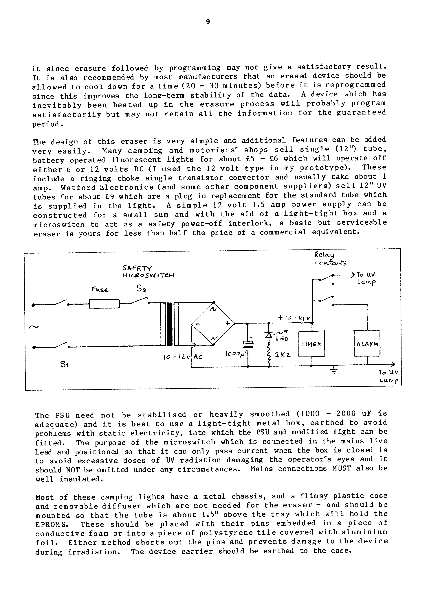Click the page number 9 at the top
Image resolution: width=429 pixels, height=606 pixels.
(x=208, y=22)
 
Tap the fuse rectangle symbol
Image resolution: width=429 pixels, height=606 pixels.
(x=104, y=304)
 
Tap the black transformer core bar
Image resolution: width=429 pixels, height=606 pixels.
(x=170, y=324)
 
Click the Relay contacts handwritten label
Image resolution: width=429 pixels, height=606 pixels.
(x=330, y=259)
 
